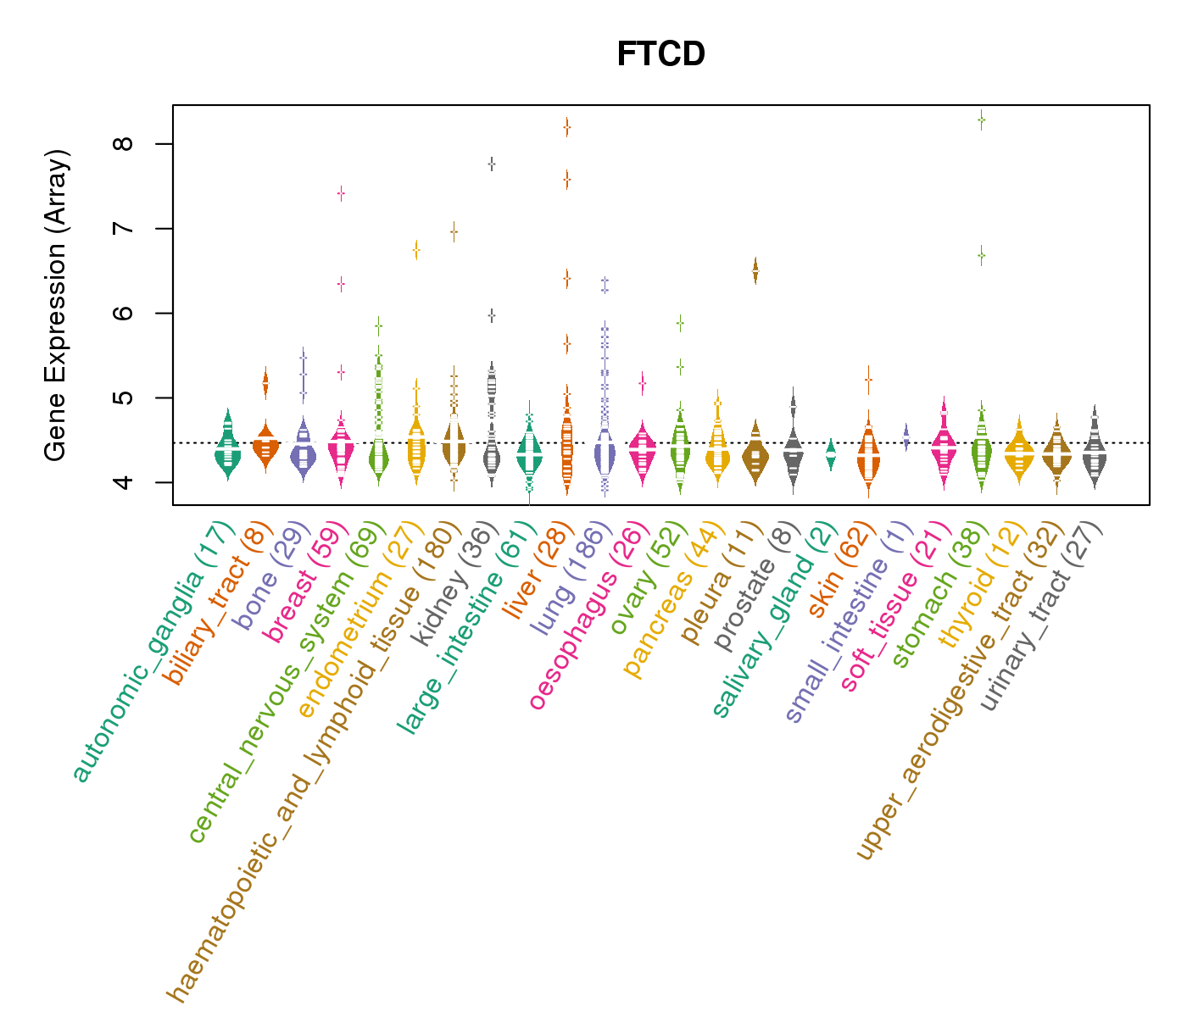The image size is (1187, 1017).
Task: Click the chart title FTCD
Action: [660, 55]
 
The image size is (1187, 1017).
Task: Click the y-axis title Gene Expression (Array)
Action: [56, 305]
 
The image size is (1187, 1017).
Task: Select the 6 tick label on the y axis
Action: [126, 314]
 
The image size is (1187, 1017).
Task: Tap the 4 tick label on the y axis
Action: [126, 482]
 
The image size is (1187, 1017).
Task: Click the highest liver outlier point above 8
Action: [566, 127]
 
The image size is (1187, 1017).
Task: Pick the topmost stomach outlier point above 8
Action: [981, 119]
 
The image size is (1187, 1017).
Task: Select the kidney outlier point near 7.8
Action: [491, 164]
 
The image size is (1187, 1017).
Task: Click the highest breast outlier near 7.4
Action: [341, 193]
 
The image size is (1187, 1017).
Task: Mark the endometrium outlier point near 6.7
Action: [416, 249]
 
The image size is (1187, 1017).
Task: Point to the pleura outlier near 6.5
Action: [755, 270]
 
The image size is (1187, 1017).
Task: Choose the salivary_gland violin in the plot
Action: [830, 455]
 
